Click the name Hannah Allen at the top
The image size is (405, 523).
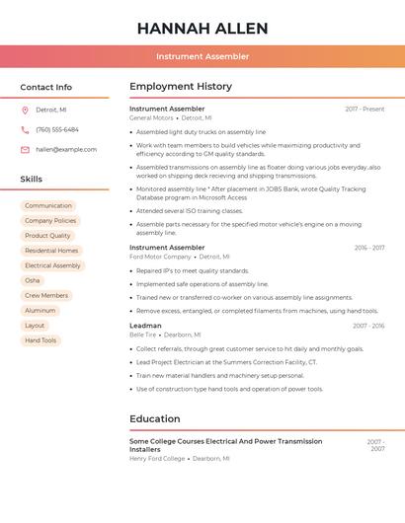[202, 28]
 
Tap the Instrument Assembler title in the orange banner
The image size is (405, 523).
[202, 57]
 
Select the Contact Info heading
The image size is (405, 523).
[45, 87]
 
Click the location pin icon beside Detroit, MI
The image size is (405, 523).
[25, 110]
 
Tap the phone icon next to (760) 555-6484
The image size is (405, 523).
[25, 129]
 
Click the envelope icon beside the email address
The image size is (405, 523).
[25, 149]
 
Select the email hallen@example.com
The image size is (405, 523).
[66, 149]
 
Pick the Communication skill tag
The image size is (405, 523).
[48, 205]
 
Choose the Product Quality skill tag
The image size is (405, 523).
[47, 236]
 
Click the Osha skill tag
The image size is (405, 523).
[33, 280]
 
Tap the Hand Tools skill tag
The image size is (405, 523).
[40, 340]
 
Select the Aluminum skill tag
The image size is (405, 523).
[40, 310]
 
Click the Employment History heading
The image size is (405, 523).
[181, 87]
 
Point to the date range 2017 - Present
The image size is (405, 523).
[364, 110]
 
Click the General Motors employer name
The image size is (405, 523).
[151, 117]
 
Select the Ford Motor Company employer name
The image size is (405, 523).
[160, 257]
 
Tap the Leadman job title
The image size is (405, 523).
[145, 326]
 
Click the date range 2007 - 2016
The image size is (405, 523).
[368, 326]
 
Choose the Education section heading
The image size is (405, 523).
[155, 418]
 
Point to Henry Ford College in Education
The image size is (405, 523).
[157, 459]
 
